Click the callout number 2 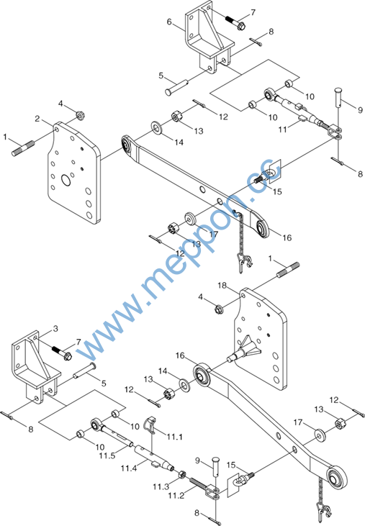coord(37,119)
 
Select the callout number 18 coord(222,286)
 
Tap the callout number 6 coord(169,22)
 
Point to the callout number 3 coord(55,328)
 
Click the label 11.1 coord(175,437)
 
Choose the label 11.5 coord(107,455)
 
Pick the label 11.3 coord(161,486)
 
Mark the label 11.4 coord(129,468)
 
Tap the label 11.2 coord(176,496)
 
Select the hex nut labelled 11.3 coord(182,474)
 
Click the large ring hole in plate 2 coord(66,180)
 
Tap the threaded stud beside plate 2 coord(23,148)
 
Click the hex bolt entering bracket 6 coord(234,20)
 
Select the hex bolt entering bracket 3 coord(62,353)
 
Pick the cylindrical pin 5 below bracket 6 coord(177,87)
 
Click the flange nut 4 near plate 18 coord(220,309)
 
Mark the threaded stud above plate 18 coord(288,270)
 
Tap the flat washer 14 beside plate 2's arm coord(156,127)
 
